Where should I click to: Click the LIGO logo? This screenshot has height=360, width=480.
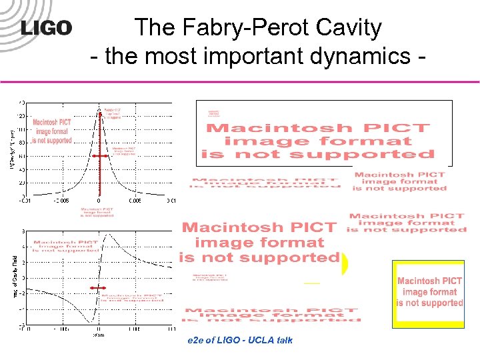click(46, 28)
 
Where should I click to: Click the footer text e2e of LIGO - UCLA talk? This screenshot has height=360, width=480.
click(241, 341)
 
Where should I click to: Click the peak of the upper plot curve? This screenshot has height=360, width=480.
click(99, 108)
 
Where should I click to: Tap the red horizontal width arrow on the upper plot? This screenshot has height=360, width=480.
click(99, 156)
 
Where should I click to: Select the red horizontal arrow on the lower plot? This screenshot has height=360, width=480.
click(99, 288)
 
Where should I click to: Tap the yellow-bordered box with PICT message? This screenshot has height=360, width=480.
click(428, 293)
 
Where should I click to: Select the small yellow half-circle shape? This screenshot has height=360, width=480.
click(345, 265)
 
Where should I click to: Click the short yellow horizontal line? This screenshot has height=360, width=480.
click(311, 283)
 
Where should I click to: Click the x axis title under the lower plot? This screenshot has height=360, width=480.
click(99, 335)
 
